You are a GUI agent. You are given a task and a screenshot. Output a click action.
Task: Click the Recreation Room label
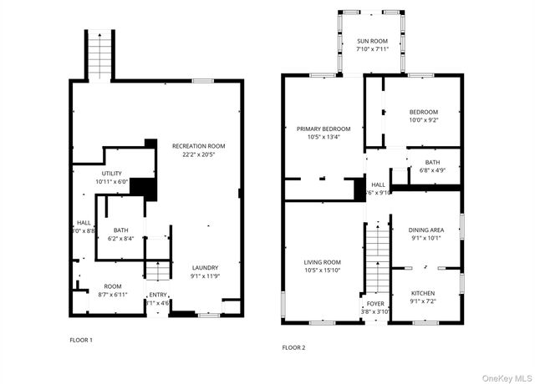click(198, 145)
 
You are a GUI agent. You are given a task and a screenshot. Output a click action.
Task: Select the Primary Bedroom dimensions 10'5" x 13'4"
click(323, 137)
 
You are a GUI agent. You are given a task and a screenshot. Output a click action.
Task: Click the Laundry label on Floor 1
click(204, 267)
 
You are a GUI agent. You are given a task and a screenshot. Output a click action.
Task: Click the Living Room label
click(322, 262)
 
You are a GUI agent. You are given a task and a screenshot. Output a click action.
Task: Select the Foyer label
click(376, 303)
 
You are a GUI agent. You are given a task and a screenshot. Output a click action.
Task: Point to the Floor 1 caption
click(81, 340)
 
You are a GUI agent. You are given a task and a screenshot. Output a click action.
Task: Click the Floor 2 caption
click(293, 346)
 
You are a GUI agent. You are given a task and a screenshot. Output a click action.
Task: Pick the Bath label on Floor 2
click(431, 162)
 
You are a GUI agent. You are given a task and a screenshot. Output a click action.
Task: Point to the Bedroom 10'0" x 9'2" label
click(423, 112)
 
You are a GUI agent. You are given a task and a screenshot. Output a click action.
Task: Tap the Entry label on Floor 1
click(157, 295)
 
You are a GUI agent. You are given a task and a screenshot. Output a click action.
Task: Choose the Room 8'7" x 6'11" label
click(112, 286)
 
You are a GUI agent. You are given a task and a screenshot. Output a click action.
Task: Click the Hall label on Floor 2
click(378, 184)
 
